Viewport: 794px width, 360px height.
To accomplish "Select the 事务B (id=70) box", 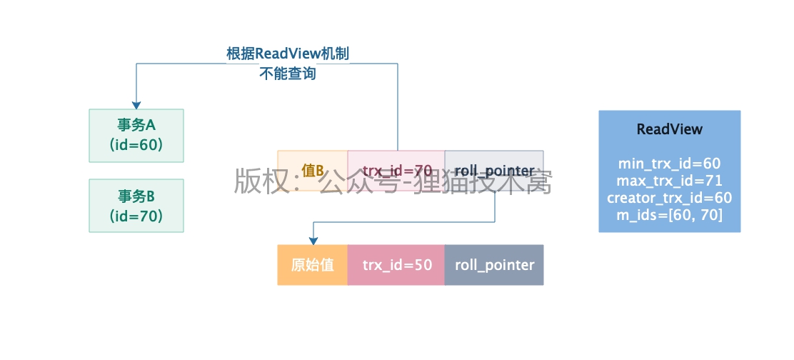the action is coord(136,205).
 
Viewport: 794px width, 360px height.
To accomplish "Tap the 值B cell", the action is coord(312,171).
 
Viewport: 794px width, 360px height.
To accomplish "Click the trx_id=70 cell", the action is coord(396,171).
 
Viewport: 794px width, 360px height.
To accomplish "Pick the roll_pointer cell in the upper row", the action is coord(494,171).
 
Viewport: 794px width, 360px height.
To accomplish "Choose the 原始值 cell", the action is coord(312,265).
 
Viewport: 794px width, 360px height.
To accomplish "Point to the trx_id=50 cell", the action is coord(396,265).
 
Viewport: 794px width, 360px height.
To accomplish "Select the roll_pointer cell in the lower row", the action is coord(494,265).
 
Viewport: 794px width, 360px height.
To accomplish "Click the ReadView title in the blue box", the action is coord(669,129).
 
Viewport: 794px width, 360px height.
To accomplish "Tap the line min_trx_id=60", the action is coord(669,164).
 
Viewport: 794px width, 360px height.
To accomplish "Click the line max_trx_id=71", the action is coord(669,181).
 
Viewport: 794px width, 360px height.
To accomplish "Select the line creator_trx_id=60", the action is coord(669,198).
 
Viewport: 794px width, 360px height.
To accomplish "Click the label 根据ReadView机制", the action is coord(288,54).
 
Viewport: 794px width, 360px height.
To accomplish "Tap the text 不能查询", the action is coord(288,73).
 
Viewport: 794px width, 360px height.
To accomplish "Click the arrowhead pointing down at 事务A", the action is coord(136,104).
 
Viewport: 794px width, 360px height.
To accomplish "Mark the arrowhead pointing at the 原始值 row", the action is coord(312,240).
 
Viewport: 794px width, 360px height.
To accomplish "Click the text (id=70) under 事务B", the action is coord(136,215).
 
